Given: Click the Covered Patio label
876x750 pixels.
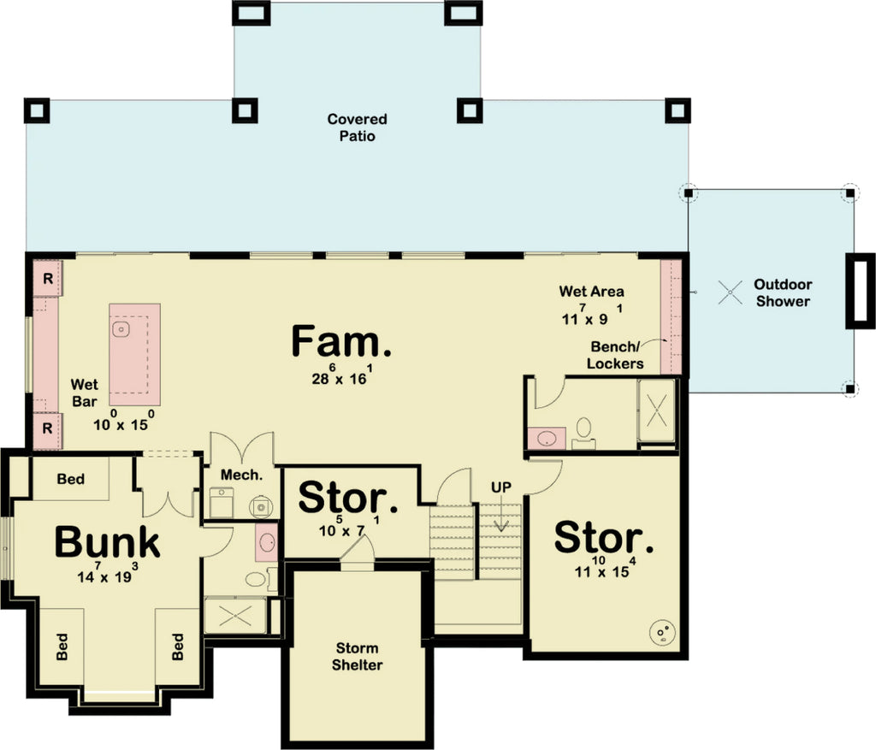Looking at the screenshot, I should coord(357,127).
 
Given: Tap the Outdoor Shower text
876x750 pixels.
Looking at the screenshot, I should coord(783,292).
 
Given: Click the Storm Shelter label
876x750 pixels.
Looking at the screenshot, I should coord(357,656).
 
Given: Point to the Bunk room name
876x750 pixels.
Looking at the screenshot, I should coord(107,541).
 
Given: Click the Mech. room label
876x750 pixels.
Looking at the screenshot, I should coord(240,475).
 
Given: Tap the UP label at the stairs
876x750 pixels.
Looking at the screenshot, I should coord(501,487).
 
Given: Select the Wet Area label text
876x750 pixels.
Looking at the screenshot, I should coord(591,292).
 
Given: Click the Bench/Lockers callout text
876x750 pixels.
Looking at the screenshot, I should coord(617,355).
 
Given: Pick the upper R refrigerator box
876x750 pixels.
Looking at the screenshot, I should coord(48,279).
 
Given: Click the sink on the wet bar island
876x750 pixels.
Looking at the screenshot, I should coord(122,328).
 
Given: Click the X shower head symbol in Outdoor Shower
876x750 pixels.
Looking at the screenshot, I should coord(729,292).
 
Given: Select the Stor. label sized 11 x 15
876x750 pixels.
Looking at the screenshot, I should coord(604,538).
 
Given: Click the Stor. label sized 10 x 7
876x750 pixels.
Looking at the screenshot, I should coord(348,497).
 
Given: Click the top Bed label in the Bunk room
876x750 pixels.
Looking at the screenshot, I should coord(71,479).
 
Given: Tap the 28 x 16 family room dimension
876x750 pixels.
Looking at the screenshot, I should coord(340,377).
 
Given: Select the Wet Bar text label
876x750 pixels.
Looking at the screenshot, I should coord(84,393).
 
